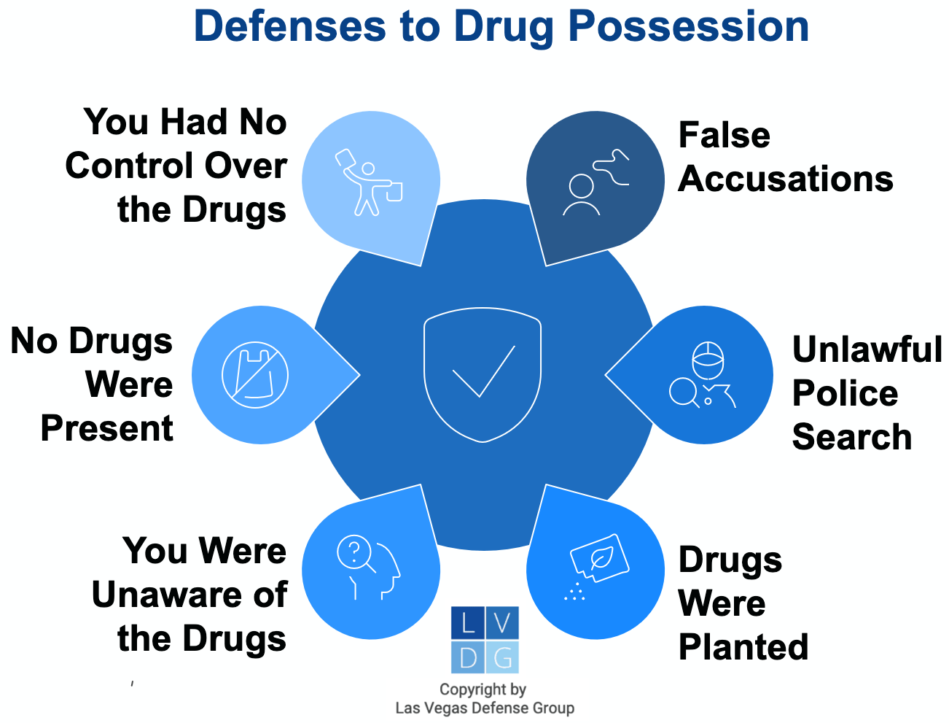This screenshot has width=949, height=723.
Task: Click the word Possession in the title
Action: pyautogui.click(x=688, y=26)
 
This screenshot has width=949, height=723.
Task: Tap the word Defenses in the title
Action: pyautogui.click(x=289, y=26)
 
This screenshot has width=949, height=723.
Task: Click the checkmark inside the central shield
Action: pyautogui.click(x=483, y=371)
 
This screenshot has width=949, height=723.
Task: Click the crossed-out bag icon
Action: pyautogui.click(x=254, y=375)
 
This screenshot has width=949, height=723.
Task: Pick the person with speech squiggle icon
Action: pyautogui.click(x=595, y=182)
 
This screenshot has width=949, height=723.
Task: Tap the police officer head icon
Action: pyautogui.click(x=708, y=360)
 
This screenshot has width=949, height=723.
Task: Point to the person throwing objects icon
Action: pyautogui.click(x=368, y=182)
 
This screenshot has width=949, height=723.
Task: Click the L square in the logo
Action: pyautogui.click(x=467, y=622)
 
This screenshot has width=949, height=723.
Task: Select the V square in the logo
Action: pyautogui.click(x=502, y=622)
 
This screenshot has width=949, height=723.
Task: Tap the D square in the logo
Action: pyautogui.click(x=467, y=657)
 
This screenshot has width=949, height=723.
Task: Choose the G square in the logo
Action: pyautogui.click(x=502, y=657)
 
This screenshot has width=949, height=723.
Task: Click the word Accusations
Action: pyautogui.click(x=786, y=179)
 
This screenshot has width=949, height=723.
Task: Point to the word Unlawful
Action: pyautogui.click(x=867, y=349)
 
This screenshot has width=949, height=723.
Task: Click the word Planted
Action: pyautogui.click(x=743, y=647)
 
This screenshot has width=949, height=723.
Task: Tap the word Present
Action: pyautogui.click(x=107, y=428)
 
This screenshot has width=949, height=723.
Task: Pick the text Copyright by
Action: pyautogui.click(x=483, y=689)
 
